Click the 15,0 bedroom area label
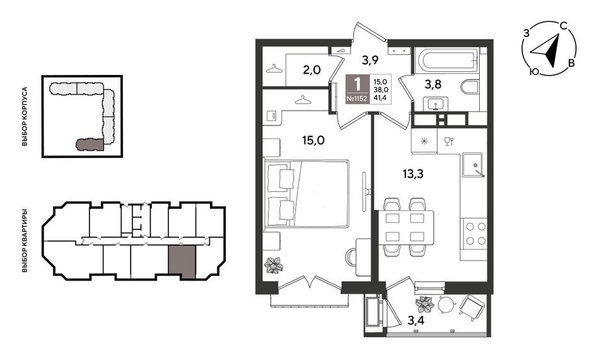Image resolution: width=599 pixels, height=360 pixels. (x=313, y=141)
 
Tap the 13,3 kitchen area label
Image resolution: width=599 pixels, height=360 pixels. (x=413, y=174)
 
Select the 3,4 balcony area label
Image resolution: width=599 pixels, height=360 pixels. (x=416, y=320)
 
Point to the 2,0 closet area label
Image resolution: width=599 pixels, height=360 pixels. (x=311, y=71)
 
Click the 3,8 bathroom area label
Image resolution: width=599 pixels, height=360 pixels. (x=433, y=84)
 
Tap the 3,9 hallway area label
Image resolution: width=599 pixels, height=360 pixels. (x=370, y=60)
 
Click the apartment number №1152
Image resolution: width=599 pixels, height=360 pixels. (x=357, y=98)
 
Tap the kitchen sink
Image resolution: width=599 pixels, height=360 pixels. (x=473, y=165)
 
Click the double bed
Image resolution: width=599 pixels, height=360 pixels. (x=306, y=194)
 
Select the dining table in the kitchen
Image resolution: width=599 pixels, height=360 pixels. (x=405, y=228)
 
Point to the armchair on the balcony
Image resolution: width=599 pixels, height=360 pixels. (x=472, y=308)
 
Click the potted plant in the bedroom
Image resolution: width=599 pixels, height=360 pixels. (x=274, y=264)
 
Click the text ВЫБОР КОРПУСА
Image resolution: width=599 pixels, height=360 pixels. (x=25, y=117)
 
